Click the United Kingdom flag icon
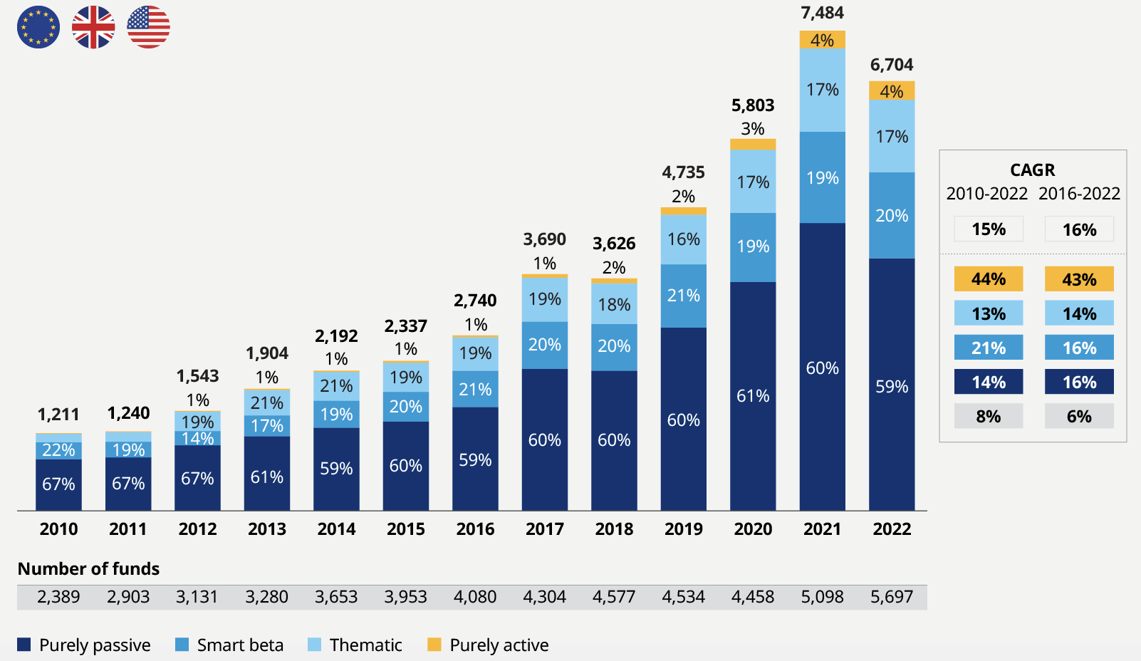click(93, 28)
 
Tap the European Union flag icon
click(38, 28)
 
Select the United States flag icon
click(148, 28)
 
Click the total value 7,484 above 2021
click(822, 13)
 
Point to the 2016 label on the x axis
click(475, 529)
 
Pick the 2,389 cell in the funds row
click(58, 597)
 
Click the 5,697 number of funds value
click(891, 597)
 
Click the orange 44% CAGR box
click(989, 279)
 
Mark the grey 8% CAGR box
click(989, 416)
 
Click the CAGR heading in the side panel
click(1032, 170)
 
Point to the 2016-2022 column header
click(1079, 194)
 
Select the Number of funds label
click(88, 568)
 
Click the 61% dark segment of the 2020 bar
click(753, 396)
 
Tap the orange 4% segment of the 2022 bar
click(892, 91)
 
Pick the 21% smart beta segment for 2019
click(683, 296)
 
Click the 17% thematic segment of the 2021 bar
click(822, 90)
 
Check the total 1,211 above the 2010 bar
click(58, 415)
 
